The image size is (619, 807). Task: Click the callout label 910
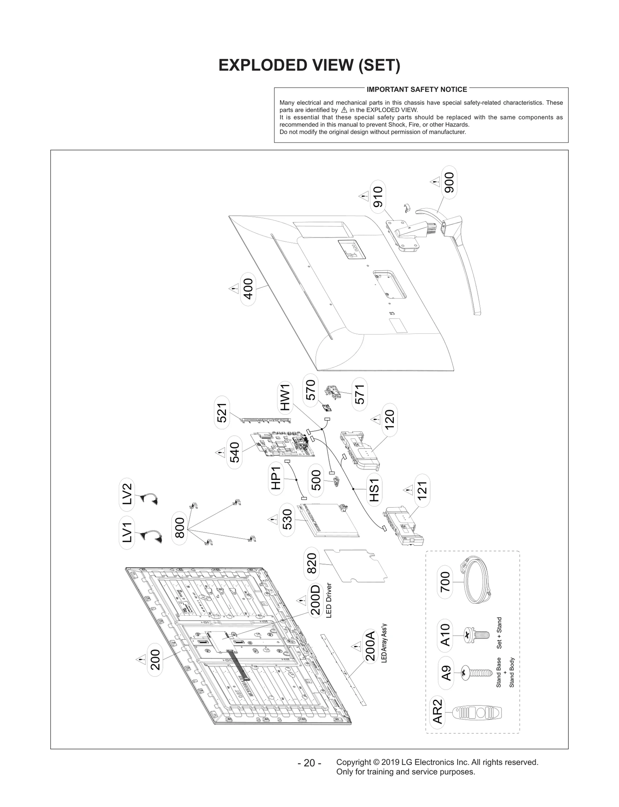pyautogui.click(x=378, y=197)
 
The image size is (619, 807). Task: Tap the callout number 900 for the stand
pyautogui.click(x=449, y=182)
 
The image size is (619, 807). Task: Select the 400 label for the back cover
pyautogui.click(x=248, y=289)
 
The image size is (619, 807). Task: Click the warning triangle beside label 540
pyautogui.click(x=220, y=452)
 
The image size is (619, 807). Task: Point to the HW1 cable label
pyautogui.click(x=285, y=397)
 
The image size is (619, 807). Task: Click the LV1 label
pyautogui.click(x=127, y=532)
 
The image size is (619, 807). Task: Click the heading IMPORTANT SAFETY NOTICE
pyautogui.click(x=417, y=89)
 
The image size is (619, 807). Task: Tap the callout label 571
pyautogui.click(x=360, y=395)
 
